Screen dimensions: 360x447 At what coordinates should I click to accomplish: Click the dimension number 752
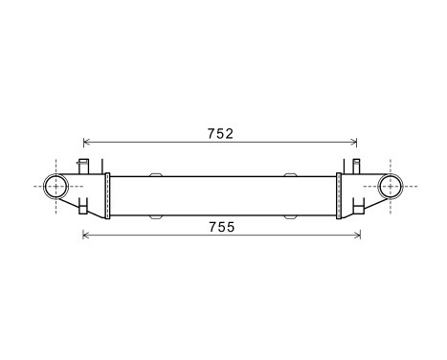coord(220,133)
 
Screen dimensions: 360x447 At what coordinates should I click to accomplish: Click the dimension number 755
coord(222,227)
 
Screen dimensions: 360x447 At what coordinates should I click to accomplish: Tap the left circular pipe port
coord(57,186)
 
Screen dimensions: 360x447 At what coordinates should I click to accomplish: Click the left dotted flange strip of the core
coord(107,193)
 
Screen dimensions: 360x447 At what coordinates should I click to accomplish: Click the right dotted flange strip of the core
coord(339,193)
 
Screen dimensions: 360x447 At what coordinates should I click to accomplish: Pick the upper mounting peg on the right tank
coord(356,163)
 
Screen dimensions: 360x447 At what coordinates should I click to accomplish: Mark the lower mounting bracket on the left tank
coord(85,208)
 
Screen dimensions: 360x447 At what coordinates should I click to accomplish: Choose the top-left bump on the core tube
coord(157,173)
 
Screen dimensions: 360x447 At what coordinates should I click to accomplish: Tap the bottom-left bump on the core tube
coord(157,215)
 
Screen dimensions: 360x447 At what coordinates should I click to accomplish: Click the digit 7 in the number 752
coord(212,133)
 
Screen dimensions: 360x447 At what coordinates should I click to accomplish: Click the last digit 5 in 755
coord(231,227)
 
